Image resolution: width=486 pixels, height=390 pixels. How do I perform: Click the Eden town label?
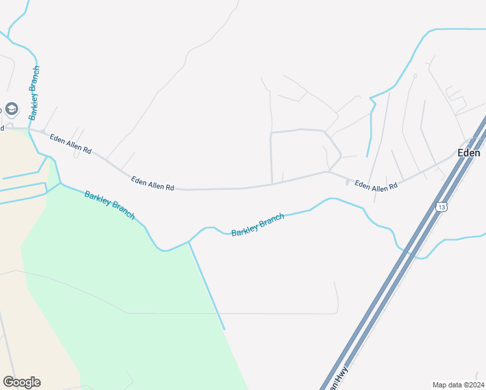[x=468, y=153]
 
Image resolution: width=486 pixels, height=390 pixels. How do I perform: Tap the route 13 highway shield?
[x=442, y=207]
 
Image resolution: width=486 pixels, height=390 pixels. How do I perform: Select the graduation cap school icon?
[x=12, y=108]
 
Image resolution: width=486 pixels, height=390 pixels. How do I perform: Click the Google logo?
[x=21, y=382]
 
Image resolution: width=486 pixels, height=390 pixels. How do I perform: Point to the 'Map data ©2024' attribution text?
[x=458, y=385]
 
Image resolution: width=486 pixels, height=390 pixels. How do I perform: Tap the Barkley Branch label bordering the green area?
[x=109, y=205]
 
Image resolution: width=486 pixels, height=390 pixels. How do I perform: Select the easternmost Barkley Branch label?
[x=257, y=224]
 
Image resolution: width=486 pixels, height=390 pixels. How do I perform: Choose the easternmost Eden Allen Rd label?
[x=376, y=187]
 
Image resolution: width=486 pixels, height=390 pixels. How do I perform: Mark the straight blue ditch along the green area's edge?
[x=207, y=286]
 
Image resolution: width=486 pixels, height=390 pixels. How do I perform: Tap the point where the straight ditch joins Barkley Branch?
[x=189, y=242]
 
